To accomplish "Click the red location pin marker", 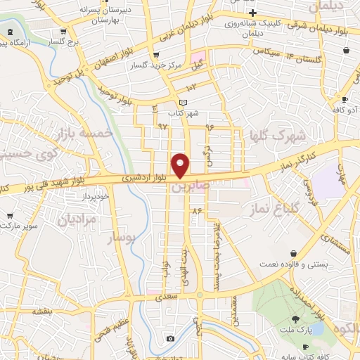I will coord(181,165).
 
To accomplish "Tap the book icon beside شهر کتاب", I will coord(184,103).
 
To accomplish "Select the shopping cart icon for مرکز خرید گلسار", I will coord(156,55).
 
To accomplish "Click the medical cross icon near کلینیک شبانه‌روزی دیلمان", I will coord(252,13).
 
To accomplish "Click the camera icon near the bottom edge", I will coord(170,339).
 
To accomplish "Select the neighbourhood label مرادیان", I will coord(70,220).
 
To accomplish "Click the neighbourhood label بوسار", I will coord(120,238).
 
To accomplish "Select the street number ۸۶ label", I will coord(196,210).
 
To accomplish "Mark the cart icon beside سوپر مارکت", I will coord(9,216).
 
